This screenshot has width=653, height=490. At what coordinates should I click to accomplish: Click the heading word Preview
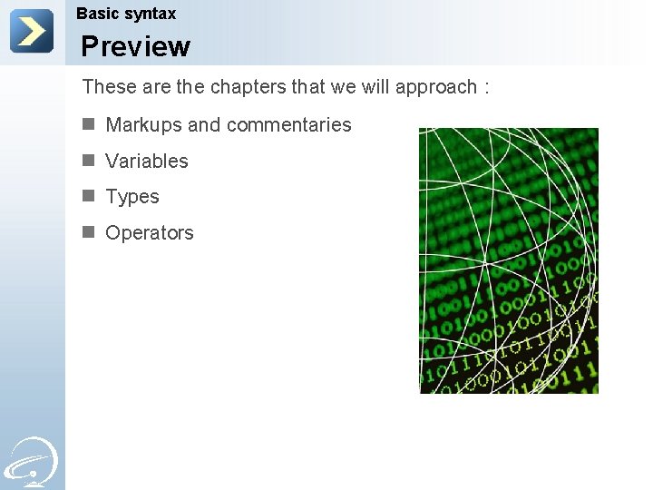(x=135, y=46)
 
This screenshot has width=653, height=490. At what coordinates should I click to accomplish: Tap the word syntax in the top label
(x=151, y=15)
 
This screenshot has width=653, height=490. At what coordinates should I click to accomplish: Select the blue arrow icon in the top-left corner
(x=32, y=31)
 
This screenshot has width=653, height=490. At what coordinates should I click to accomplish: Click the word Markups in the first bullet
(x=143, y=125)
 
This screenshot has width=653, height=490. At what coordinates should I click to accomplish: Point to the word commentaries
(x=288, y=125)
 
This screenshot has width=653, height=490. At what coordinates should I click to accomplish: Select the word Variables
(x=147, y=162)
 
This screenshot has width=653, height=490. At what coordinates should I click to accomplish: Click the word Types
(x=132, y=197)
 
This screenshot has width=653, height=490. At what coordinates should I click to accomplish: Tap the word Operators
(x=150, y=233)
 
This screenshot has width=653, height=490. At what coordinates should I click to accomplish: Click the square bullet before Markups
(x=88, y=124)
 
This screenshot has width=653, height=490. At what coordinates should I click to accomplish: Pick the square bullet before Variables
(x=88, y=161)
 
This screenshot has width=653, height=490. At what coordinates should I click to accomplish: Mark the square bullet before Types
(x=88, y=196)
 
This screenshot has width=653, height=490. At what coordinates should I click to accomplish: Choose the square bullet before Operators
(x=88, y=232)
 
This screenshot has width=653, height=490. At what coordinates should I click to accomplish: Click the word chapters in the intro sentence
(x=249, y=87)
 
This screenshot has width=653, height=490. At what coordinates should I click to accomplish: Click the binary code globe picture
(x=508, y=260)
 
